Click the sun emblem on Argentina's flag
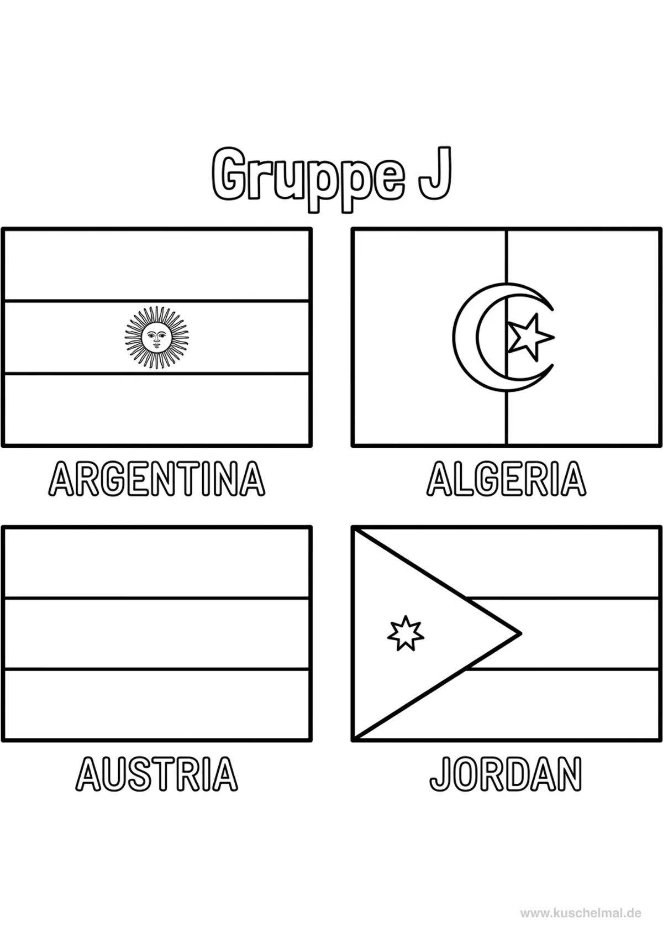point(156,337)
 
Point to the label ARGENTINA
point(156,479)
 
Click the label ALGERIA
point(507,479)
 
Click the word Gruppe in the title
point(308,180)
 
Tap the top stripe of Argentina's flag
point(156,265)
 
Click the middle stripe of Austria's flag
point(156,633)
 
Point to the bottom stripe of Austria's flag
point(156,704)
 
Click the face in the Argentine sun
point(156,337)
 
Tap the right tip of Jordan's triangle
point(521,633)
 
